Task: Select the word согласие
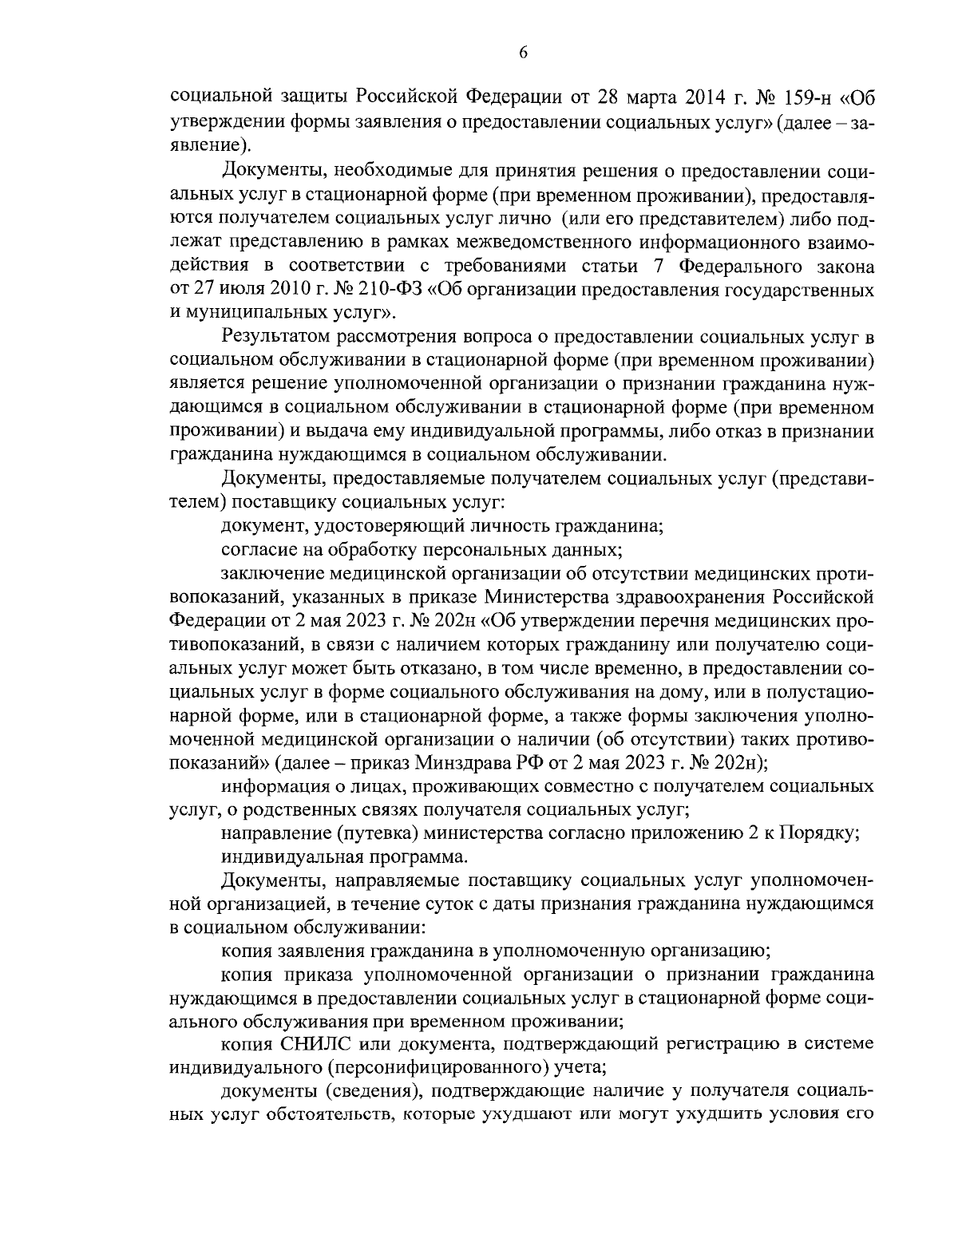[256, 550]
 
